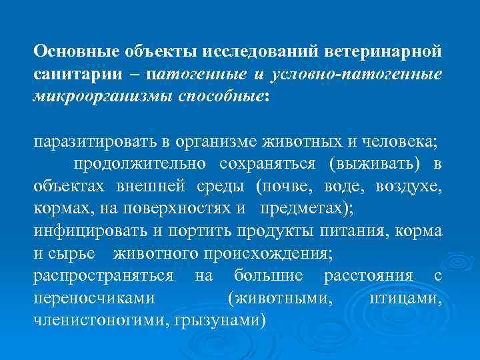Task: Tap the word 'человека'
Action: click(397, 142)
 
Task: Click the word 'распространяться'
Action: click(95, 275)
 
